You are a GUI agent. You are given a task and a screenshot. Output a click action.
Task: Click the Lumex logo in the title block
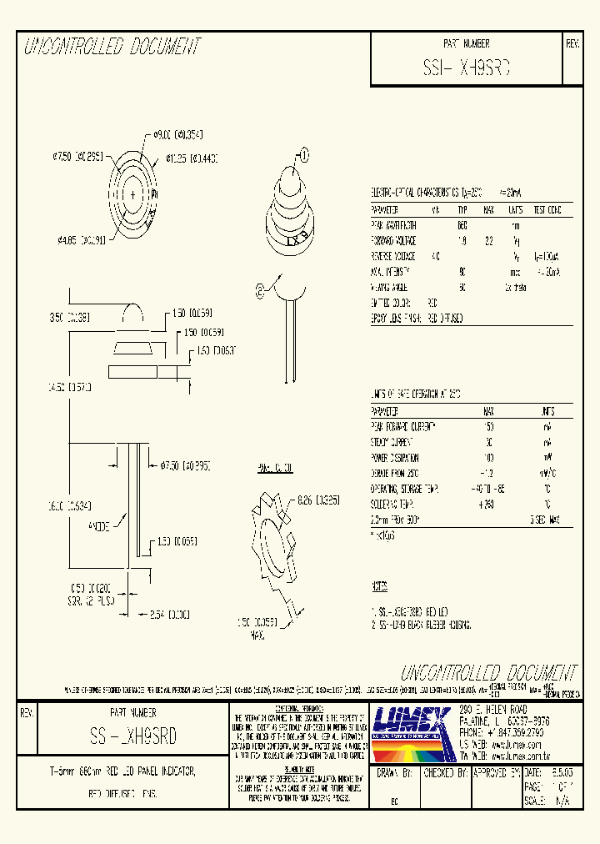click(413, 722)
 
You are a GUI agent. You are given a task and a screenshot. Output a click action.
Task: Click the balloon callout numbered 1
click(304, 154)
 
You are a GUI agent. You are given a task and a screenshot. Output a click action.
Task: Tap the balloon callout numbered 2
click(259, 291)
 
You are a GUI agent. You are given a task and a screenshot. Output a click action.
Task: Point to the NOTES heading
click(379, 587)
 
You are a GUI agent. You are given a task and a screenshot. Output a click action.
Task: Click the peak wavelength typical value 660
click(462, 225)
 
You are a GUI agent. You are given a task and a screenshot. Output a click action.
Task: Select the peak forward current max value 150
click(488, 426)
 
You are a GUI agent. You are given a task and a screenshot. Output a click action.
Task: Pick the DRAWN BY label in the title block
click(396, 773)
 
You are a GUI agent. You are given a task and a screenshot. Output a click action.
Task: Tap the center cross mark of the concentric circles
click(132, 195)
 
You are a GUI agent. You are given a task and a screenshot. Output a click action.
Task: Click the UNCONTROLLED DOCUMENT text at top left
click(112, 47)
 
